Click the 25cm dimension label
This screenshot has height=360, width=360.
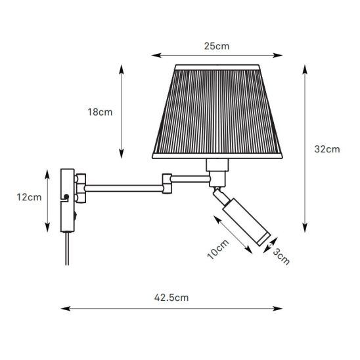pos(217,46)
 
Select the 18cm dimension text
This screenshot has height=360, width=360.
pos(100,112)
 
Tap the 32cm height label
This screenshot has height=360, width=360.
pos(327,149)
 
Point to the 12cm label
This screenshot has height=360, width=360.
pos(29,197)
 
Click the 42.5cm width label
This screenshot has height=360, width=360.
pos(171,298)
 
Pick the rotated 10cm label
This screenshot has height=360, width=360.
pos(218,250)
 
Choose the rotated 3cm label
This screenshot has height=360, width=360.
pos(281,257)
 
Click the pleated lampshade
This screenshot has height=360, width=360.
pos(217,112)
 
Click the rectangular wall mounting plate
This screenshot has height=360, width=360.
pos(68,200)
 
